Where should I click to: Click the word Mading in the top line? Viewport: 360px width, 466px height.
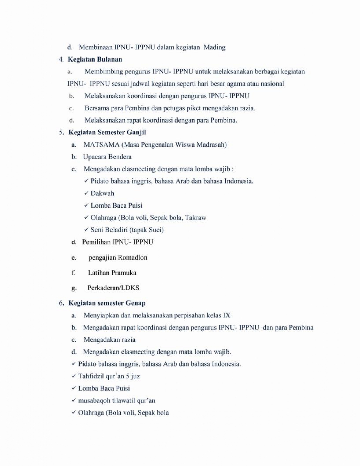(x=214, y=47)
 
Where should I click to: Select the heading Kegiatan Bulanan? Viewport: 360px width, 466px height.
(x=95, y=59)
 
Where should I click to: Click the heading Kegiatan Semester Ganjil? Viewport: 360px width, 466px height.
(x=107, y=132)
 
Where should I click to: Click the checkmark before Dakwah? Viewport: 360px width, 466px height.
(x=86, y=193)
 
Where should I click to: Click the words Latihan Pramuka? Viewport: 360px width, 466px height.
(x=112, y=273)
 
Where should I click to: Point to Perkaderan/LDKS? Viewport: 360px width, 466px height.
(x=113, y=288)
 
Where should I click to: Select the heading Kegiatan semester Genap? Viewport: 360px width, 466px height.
(x=107, y=303)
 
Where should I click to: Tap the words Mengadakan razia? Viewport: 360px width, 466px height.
(x=109, y=340)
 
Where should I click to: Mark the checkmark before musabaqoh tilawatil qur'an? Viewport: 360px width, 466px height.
(x=74, y=400)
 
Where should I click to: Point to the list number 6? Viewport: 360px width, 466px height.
(x=61, y=303)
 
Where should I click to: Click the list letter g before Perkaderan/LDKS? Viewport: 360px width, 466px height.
(x=74, y=289)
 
